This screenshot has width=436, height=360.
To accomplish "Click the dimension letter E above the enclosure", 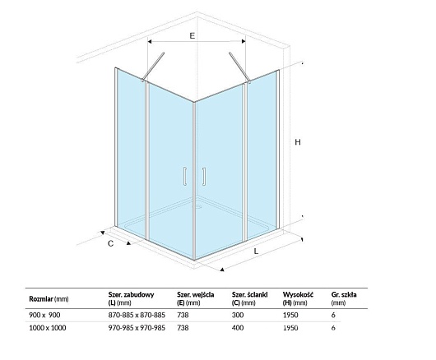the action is (192, 35).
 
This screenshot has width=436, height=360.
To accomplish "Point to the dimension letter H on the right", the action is (298, 142).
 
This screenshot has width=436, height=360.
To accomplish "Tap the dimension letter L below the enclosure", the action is (256, 252).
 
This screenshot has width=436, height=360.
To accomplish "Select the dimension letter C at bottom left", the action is (111, 243).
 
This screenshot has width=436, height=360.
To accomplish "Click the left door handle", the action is (184, 176).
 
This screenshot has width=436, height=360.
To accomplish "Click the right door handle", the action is (204, 176).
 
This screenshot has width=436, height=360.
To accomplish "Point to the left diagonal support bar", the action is (153, 67).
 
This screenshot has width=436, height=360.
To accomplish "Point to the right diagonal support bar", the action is (239, 67).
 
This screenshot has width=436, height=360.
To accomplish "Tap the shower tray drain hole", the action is (198, 206).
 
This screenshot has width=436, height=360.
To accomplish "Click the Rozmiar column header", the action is (49, 299).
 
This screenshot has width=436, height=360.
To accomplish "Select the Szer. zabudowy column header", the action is (131, 298).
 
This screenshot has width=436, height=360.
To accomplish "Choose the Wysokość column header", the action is (298, 298).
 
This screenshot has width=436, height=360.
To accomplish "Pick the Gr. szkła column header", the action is (344, 298).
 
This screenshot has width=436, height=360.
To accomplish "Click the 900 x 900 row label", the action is (44, 315).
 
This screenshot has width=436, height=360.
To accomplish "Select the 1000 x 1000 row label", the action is (48, 328).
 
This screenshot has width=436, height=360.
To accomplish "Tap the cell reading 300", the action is (238, 315).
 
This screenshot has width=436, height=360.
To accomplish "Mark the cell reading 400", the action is (238, 328).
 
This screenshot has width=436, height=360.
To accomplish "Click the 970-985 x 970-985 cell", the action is (137, 328).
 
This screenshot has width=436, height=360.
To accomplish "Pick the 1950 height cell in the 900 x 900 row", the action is (290, 315).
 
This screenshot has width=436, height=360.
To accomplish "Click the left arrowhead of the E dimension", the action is (150, 41).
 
